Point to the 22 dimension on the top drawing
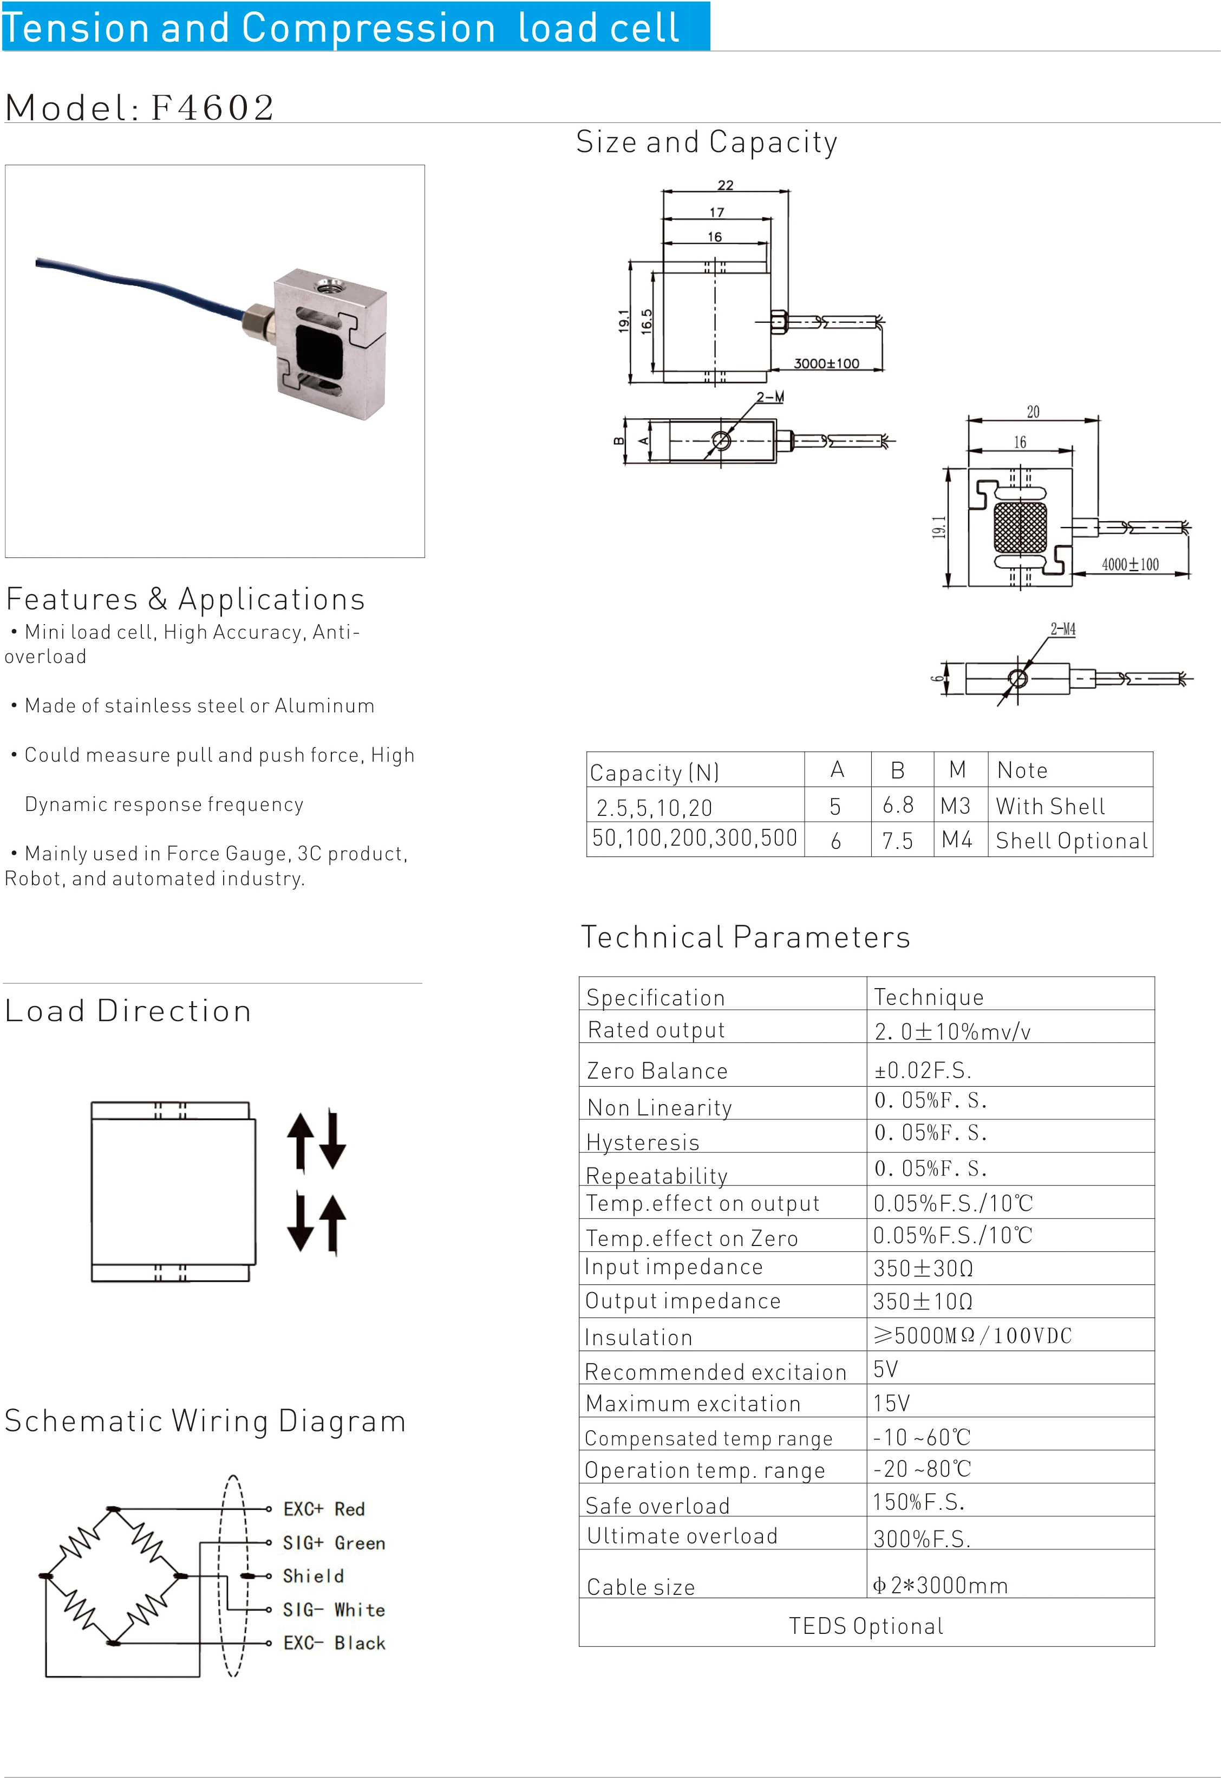tap(725, 185)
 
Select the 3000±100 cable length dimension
tap(826, 364)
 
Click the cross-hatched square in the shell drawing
tap(1020, 527)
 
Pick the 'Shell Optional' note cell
tap(1071, 840)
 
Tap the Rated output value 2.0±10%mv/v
tap(952, 1031)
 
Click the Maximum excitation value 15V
tap(891, 1403)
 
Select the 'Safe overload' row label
tap(657, 1506)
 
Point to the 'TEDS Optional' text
tap(865, 1626)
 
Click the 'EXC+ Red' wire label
tap(324, 1509)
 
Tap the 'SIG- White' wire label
tap(334, 1610)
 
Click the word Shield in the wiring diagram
tap(313, 1576)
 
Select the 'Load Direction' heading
tap(128, 1010)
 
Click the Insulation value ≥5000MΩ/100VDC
tap(971, 1335)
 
